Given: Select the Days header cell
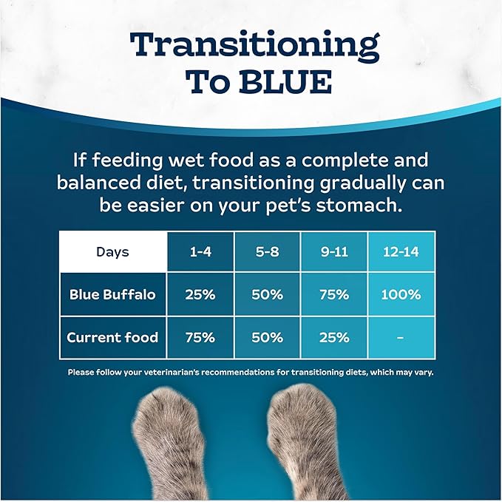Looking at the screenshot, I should [x=112, y=252].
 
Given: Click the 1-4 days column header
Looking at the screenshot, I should [x=200, y=252].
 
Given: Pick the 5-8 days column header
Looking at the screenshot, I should [x=267, y=252].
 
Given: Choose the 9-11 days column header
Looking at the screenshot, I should [x=333, y=252].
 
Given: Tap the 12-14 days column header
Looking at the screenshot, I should [x=401, y=252].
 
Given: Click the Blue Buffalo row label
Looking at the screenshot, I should [x=112, y=294].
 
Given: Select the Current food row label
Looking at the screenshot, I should [x=112, y=337].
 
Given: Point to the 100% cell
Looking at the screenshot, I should [x=401, y=294].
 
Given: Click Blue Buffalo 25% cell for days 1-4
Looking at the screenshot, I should [x=200, y=294].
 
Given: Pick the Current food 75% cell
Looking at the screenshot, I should [x=200, y=337].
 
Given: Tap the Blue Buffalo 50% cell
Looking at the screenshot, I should [x=267, y=294].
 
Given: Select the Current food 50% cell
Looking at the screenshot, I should [x=267, y=337].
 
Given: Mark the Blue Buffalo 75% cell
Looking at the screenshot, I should [x=333, y=294].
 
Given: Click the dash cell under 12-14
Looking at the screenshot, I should [x=401, y=337].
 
